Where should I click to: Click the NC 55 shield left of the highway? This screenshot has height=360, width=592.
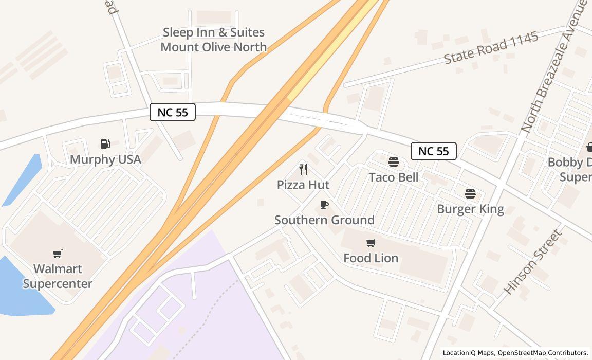pyautogui.click(x=173, y=112)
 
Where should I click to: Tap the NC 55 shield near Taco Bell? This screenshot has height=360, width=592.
pyautogui.click(x=434, y=151)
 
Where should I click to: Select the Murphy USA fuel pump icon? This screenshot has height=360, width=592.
pyautogui.click(x=105, y=144)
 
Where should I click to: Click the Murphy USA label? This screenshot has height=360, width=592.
pyautogui.click(x=105, y=159)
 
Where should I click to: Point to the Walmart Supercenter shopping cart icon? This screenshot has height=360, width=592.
pyautogui.click(x=58, y=254)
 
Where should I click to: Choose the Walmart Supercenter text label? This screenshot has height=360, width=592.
pyautogui.click(x=58, y=276)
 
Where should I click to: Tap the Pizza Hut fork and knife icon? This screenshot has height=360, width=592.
pyautogui.click(x=303, y=170)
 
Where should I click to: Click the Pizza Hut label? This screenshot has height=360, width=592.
pyautogui.click(x=303, y=185)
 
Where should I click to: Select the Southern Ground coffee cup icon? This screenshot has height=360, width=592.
pyautogui.click(x=324, y=205)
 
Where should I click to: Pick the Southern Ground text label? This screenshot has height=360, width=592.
pyautogui.click(x=324, y=220)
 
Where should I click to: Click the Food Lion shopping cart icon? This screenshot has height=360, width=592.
pyautogui.click(x=371, y=243)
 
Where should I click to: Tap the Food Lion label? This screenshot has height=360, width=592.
pyautogui.click(x=371, y=258)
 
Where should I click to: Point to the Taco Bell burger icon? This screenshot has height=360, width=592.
pyautogui.click(x=394, y=163)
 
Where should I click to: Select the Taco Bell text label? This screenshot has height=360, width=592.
pyautogui.click(x=394, y=177)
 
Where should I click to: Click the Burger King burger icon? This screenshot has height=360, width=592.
pyautogui.click(x=470, y=194)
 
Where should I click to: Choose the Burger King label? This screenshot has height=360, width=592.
pyautogui.click(x=470, y=209)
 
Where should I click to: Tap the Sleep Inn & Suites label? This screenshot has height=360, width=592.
pyautogui.click(x=214, y=40)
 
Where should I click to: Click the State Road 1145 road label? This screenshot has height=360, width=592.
pyautogui.click(x=491, y=48)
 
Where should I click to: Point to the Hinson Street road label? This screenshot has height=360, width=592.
pyautogui.click(x=532, y=262)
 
